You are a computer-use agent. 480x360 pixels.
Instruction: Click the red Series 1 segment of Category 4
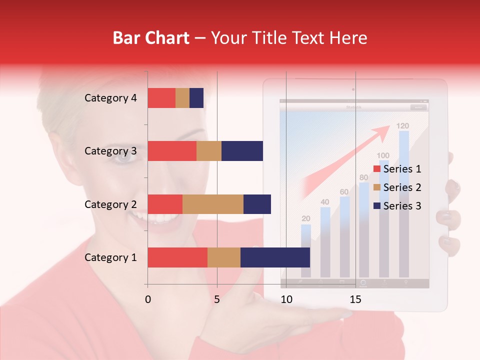point(161,98)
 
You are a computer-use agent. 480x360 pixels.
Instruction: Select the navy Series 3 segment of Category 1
point(275,257)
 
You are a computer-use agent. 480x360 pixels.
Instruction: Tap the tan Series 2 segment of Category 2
point(213,204)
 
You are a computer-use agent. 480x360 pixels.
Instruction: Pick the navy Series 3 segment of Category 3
point(242,151)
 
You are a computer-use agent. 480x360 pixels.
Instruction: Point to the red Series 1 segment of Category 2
point(165,204)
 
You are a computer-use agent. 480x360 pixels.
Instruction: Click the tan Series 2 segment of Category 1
point(224,257)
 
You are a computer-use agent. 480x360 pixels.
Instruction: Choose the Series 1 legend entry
point(397,169)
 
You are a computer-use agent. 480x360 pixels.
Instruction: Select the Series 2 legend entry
point(397,187)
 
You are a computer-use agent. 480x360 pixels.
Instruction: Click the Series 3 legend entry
point(397,206)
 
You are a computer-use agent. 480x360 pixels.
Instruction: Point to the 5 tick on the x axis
point(217,299)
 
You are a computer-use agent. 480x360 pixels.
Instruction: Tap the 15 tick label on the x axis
point(355,299)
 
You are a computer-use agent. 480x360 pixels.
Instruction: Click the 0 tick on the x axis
point(148,299)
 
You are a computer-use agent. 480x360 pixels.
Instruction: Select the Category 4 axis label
point(110,98)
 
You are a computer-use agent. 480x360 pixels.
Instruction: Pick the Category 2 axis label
point(110,204)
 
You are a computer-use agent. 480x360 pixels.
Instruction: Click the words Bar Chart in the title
point(151,38)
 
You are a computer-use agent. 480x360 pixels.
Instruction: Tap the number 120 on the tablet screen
point(402,126)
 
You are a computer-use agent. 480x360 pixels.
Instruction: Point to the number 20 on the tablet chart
point(305,218)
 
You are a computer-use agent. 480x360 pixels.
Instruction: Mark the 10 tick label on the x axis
point(286,299)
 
